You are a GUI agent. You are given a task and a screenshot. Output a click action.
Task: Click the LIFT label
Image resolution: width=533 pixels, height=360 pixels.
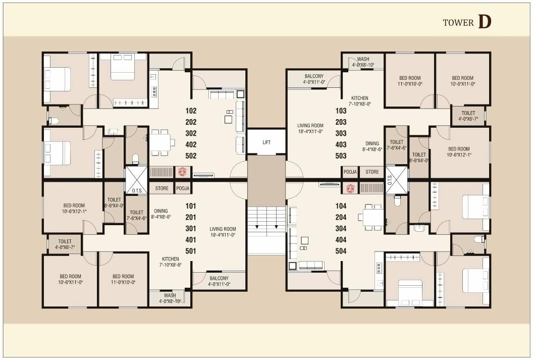coord(266,142)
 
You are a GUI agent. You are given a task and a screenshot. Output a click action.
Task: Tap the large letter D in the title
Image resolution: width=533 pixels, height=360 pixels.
coord(484,22)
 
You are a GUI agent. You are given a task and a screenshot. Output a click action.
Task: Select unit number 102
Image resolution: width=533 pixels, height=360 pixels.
coord(191,111)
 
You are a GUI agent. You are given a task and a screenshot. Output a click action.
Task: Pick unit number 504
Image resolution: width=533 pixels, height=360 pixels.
coord(341,251)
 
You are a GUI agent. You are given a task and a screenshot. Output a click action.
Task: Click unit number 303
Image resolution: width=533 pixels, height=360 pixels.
coord(341,133)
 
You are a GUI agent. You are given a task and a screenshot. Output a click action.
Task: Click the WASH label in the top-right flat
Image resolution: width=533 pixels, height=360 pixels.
coord(363,59)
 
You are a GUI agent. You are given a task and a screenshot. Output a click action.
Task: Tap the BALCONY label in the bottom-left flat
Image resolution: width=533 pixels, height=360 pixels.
coord(219,278)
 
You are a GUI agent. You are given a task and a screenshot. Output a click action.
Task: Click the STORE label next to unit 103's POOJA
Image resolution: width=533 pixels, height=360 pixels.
coord(372,172)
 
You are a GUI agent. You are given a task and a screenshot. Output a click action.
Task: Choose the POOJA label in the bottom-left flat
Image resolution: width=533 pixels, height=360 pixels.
coord(183,188)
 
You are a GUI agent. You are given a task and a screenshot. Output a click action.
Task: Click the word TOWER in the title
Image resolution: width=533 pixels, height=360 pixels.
coord(458,23)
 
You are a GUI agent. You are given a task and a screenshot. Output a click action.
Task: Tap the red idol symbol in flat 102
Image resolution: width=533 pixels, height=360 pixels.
coord(182,172)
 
